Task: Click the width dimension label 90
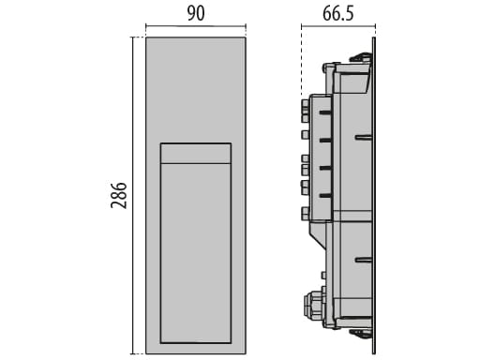click(197, 14)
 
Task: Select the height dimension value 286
click(119, 195)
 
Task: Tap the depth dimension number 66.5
click(339, 14)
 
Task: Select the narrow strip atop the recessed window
click(196, 153)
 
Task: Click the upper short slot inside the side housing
click(364, 137)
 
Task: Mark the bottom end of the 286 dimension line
click(133, 353)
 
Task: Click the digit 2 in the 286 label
click(119, 207)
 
